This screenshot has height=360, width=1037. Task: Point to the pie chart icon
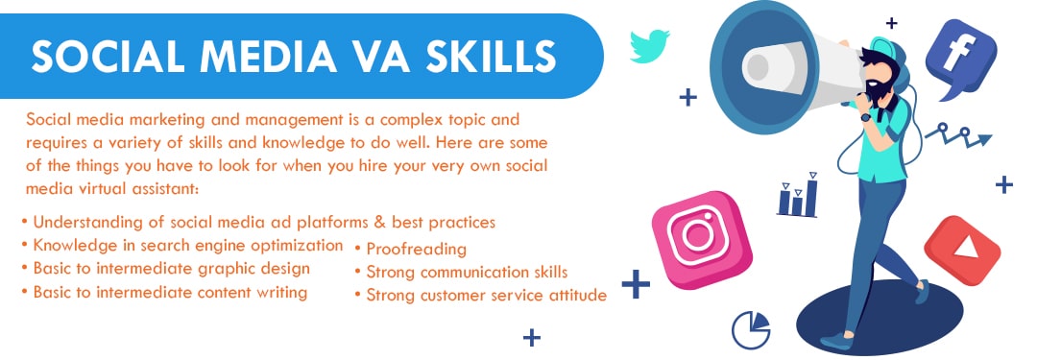[x=751, y=329]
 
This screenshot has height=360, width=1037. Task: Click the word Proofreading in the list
[x=416, y=250]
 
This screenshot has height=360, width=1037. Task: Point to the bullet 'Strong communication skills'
[x=467, y=273]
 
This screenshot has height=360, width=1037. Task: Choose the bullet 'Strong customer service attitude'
[x=486, y=296]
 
